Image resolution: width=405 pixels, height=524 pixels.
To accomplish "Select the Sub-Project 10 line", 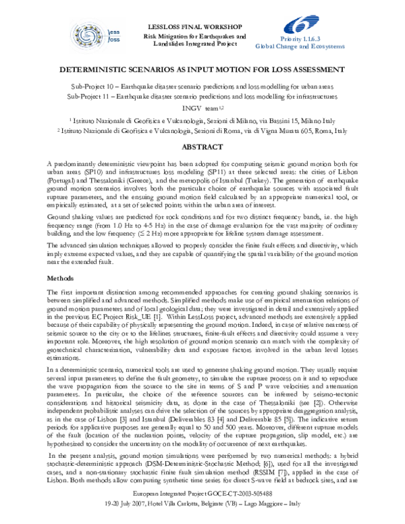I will click(202, 88).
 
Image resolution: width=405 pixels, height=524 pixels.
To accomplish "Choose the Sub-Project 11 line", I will click(202, 97).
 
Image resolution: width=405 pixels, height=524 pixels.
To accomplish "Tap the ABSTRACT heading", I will click(202, 146).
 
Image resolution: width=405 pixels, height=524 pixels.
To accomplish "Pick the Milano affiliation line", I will click(202, 119).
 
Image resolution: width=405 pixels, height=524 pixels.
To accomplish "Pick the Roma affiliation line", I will click(202, 130).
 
